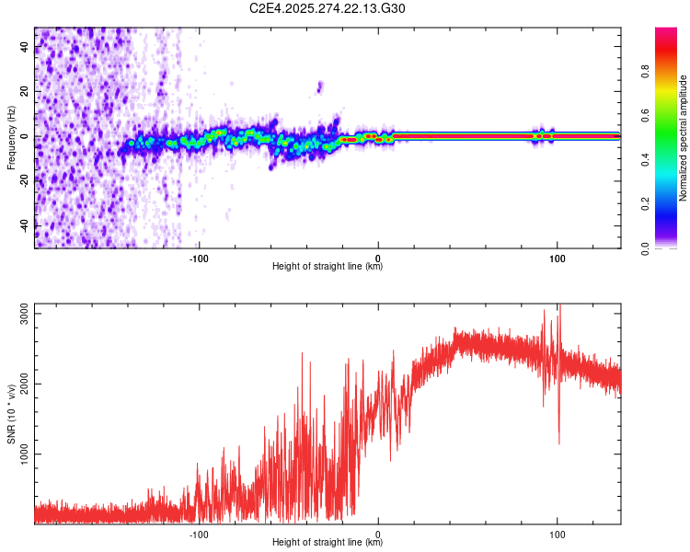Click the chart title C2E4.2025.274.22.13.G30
coord(328,8)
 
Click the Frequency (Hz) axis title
coord(11,138)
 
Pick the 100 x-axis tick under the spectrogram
coord(557,257)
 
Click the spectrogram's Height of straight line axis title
coord(328,267)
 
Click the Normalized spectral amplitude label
coord(684,138)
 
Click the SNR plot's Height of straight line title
coord(328,544)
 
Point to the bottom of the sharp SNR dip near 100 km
coord(558,443)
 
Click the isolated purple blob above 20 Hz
coord(319,86)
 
